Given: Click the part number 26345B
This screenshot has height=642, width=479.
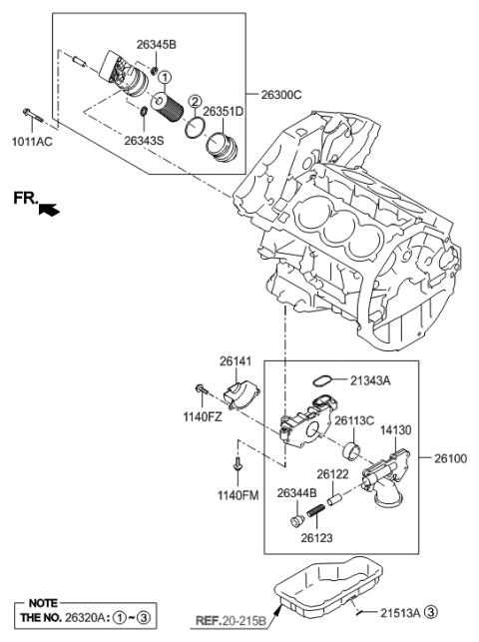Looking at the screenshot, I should tap(156, 46).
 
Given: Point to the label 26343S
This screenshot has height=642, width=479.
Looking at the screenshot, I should tap(146, 140).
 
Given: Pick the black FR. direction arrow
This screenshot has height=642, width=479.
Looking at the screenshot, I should tap(47, 209).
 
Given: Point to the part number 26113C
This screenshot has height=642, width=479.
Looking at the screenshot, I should tap(354, 420).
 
